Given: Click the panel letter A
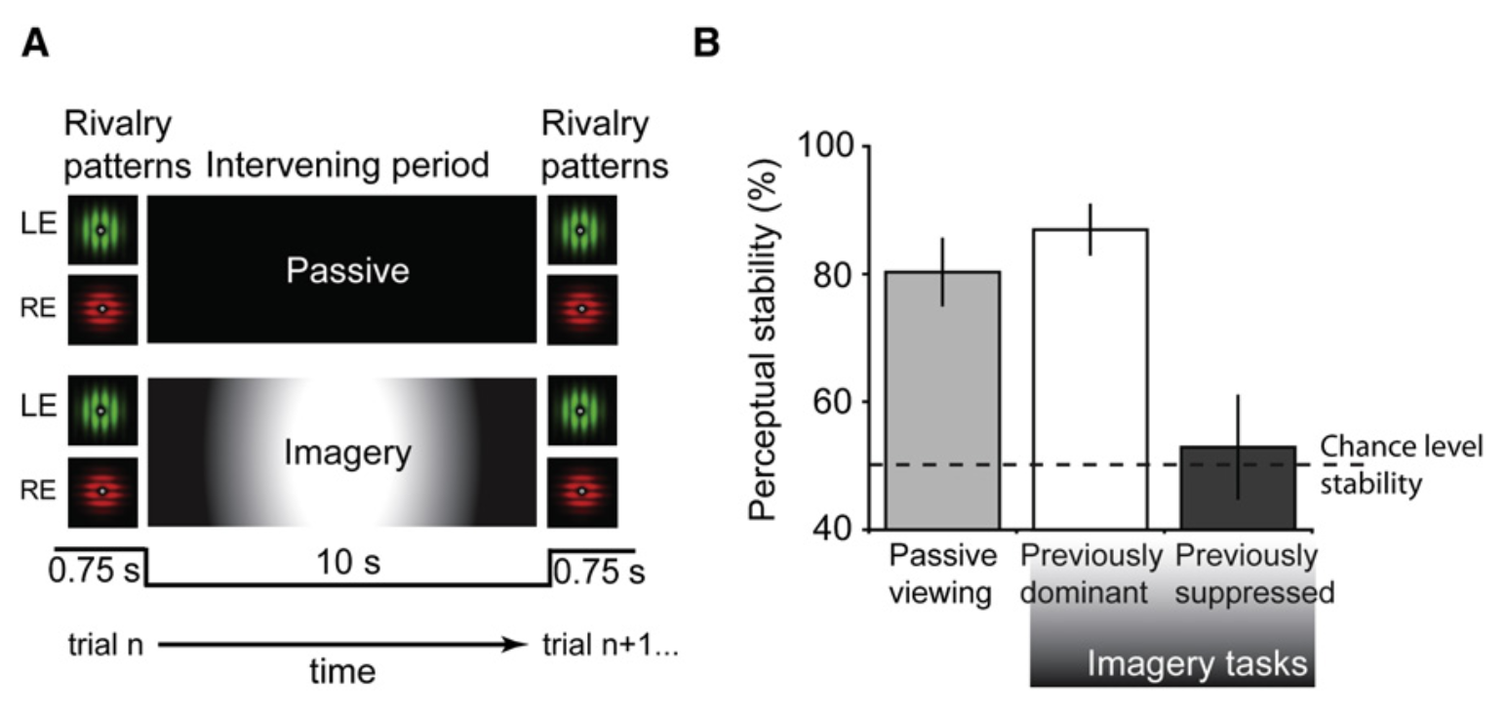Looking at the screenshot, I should (x=36, y=42).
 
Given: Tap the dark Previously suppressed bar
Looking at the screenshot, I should (x=1238, y=488).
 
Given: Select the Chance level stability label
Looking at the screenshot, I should (x=1400, y=464).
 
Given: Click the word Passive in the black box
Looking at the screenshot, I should (x=347, y=270).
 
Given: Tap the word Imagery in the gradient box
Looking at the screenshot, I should (x=347, y=453).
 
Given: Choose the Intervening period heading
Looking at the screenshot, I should (x=347, y=166).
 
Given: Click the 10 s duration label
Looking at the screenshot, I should (x=348, y=564).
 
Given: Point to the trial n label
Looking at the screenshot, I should (x=106, y=645).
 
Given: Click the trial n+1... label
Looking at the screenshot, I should (x=609, y=645).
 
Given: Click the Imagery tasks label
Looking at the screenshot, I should (x=1197, y=664).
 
